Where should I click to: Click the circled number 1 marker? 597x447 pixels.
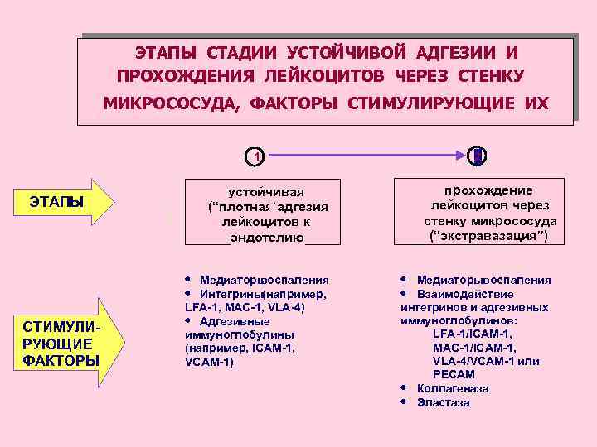[x=257, y=155]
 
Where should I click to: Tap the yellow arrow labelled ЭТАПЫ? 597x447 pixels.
[x=67, y=201]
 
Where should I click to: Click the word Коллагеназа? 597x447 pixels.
[x=453, y=388]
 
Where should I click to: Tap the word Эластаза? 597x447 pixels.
[x=444, y=402]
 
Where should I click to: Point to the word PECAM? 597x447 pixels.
[x=454, y=375]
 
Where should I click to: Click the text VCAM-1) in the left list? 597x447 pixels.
[x=208, y=363]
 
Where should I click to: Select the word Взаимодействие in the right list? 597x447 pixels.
[x=465, y=294]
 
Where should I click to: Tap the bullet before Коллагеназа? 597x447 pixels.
[x=403, y=387]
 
